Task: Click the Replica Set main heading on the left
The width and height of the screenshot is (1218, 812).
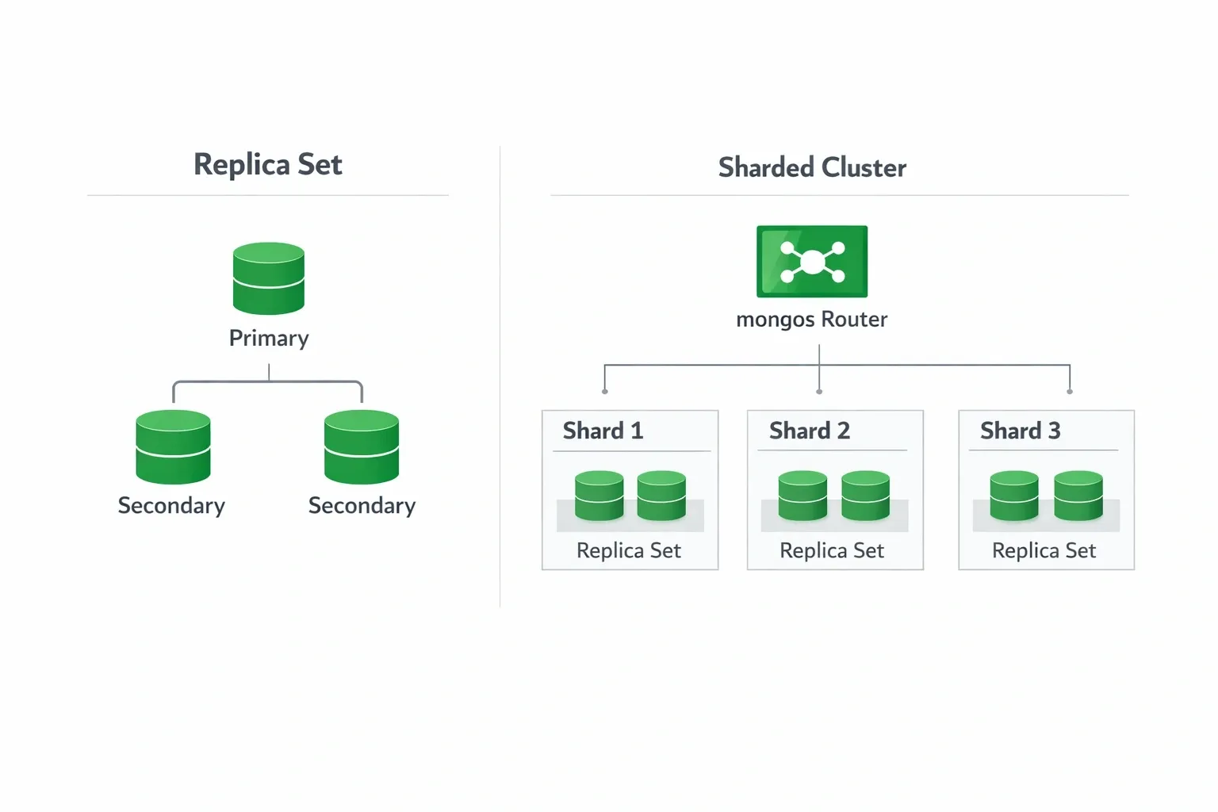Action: click(x=268, y=164)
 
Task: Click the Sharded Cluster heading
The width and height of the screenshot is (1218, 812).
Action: click(x=812, y=167)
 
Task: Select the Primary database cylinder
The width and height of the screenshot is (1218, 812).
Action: click(x=269, y=278)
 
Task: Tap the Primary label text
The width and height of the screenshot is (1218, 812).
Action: click(x=269, y=338)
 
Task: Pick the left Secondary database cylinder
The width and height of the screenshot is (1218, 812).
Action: click(x=173, y=446)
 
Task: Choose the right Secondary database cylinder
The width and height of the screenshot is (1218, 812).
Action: click(x=362, y=446)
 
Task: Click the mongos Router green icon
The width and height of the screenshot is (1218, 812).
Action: click(x=812, y=262)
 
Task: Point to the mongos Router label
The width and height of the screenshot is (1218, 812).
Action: click(x=812, y=319)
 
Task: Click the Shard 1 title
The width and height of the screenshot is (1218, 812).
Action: click(x=603, y=431)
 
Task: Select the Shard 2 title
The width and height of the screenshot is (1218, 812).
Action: click(x=810, y=431)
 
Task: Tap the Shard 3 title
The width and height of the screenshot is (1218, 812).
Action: click(x=1021, y=431)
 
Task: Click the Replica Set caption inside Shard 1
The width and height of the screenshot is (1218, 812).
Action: click(x=629, y=550)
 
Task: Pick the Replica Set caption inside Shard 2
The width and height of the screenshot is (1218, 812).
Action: click(x=832, y=550)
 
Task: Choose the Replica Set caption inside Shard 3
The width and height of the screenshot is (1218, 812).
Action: click(x=1044, y=550)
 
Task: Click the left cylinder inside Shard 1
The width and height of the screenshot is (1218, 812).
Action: click(x=599, y=496)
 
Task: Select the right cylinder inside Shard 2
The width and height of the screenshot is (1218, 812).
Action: click(x=865, y=496)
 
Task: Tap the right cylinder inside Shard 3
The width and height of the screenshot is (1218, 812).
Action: click(x=1078, y=496)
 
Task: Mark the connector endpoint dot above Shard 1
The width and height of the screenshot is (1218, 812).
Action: click(x=605, y=392)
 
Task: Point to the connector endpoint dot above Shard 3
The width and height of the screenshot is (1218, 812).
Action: click(x=1070, y=392)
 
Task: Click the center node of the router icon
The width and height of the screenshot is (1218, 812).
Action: click(x=813, y=261)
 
